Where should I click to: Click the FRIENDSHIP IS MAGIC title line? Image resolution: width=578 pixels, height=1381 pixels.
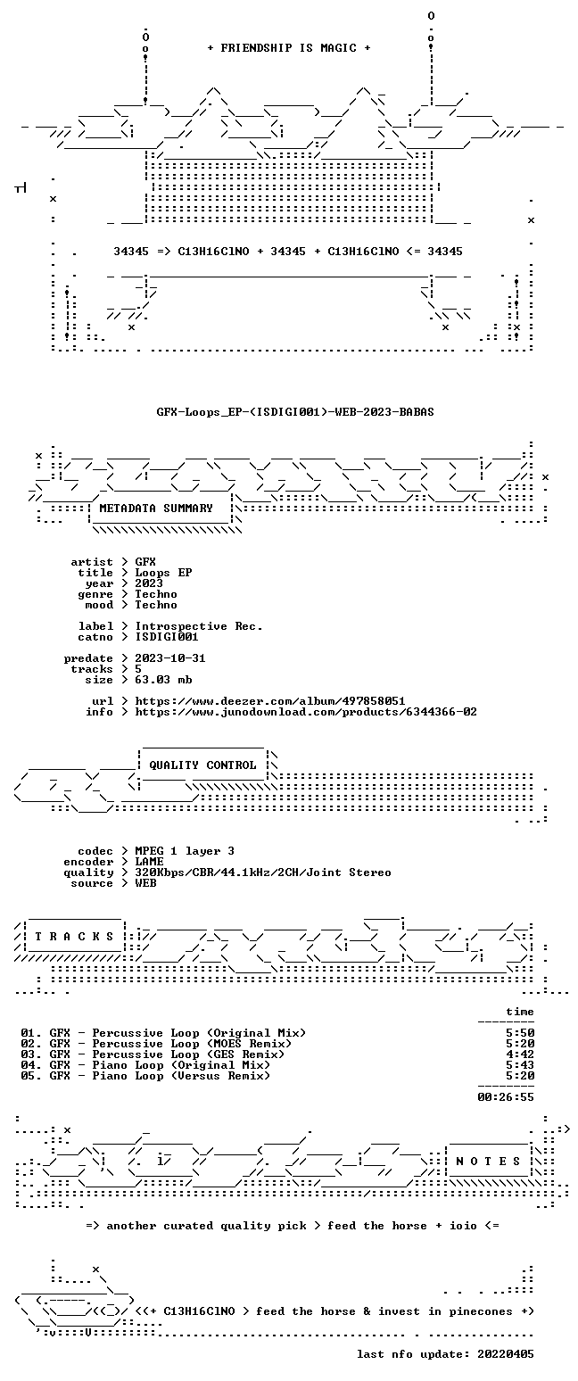click(x=289, y=48)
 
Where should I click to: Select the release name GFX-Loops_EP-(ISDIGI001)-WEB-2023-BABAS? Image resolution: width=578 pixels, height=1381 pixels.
click(x=295, y=412)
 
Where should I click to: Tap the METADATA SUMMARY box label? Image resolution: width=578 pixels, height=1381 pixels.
click(x=156, y=508)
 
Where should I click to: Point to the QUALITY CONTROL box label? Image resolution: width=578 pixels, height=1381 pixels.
click(x=202, y=765)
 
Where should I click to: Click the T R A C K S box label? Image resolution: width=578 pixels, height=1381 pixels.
click(x=75, y=937)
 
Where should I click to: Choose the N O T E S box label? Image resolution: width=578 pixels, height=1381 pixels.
click(x=488, y=1161)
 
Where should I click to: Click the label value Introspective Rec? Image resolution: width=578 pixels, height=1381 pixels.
click(x=199, y=626)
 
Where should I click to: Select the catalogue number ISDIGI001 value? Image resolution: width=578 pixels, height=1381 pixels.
click(x=167, y=637)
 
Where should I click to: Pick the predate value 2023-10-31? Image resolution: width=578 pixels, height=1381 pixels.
click(x=170, y=658)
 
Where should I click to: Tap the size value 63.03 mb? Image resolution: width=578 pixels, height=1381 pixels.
click(x=163, y=680)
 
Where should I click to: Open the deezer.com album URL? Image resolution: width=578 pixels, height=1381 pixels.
click(x=270, y=701)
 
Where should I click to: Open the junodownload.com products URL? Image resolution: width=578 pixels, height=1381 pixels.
click(x=306, y=712)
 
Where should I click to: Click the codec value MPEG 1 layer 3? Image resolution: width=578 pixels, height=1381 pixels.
click(x=185, y=851)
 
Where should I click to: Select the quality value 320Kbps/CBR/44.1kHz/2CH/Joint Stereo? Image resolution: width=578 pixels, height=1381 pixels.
click(x=263, y=872)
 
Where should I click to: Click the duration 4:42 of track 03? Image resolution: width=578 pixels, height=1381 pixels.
click(x=520, y=1054)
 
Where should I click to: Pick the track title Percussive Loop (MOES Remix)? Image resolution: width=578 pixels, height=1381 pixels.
click(x=192, y=1044)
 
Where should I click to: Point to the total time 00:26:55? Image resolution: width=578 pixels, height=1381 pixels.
click(x=506, y=1096)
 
